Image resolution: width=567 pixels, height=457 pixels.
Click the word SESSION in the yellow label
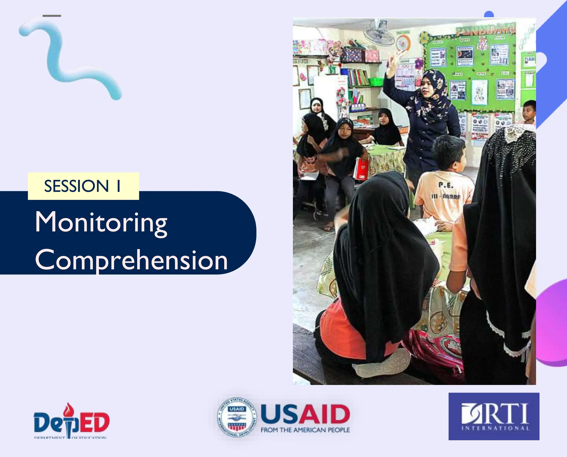(x=76, y=186)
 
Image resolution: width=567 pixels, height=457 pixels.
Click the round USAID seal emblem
(x=237, y=417)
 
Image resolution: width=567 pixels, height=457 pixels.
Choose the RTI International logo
(x=494, y=416)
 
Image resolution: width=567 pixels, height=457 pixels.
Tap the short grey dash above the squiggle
(x=52, y=16)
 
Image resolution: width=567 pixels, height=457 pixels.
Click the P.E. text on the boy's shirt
(x=446, y=185)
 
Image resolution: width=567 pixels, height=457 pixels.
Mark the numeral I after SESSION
(x=118, y=186)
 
